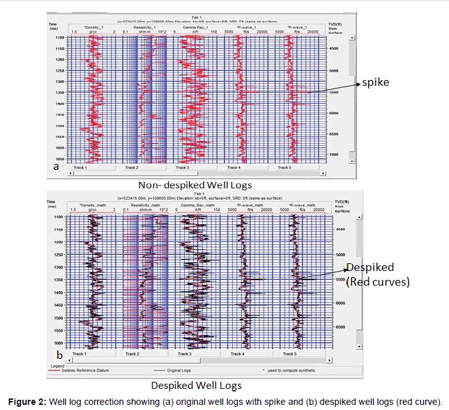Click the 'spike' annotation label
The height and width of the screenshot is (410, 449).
coord(376,83)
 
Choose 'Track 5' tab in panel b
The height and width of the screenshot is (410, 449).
coord(289,354)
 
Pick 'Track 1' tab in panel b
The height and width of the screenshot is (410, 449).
coord(79,354)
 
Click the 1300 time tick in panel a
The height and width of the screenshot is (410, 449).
coord(59,81)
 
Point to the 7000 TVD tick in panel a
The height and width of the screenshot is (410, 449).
coord(333,154)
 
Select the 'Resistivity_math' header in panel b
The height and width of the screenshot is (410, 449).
coord(145,206)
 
